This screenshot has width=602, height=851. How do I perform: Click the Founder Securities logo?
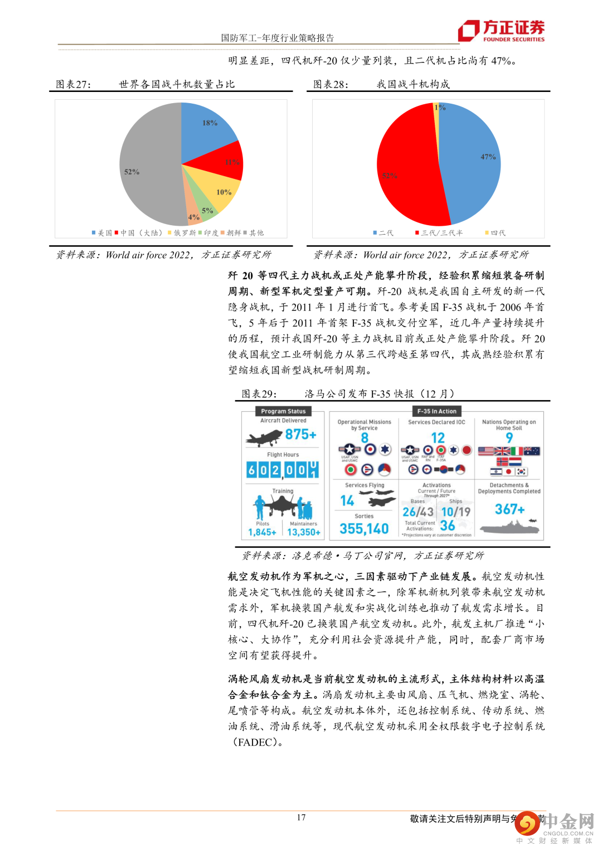coord(501,31)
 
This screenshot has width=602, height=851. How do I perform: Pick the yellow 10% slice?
coord(222,192)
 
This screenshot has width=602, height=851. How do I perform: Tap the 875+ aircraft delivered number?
coord(300,435)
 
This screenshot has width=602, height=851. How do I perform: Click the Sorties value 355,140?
coord(364,528)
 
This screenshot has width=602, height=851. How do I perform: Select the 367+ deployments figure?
coord(509,509)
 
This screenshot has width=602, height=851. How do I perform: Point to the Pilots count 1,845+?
coord(262,532)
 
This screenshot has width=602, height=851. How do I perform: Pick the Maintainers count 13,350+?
coord(304,532)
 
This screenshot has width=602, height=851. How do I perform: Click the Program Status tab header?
coord(283,411)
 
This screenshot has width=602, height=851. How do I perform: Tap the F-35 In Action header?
coord(437,411)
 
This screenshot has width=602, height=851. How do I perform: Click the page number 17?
coord(301,818)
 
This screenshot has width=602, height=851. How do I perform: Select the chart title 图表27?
coord(73,85)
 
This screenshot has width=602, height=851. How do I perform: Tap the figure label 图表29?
coord(259,394)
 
